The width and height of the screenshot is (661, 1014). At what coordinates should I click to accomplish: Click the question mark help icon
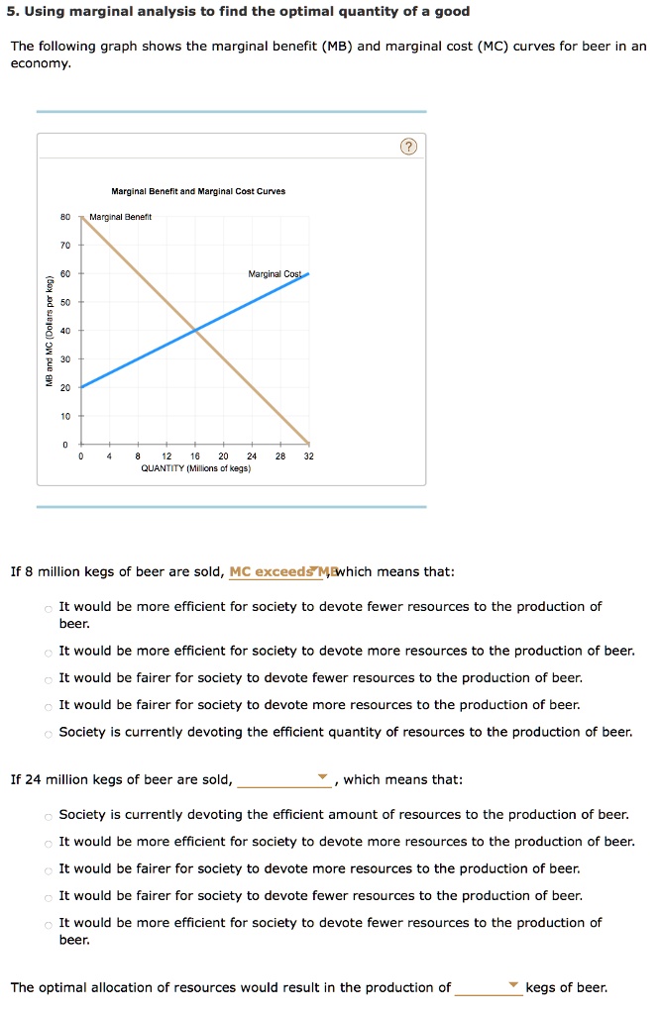tap(409, 148)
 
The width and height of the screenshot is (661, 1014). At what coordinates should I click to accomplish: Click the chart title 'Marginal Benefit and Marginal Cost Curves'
tap(198, 191)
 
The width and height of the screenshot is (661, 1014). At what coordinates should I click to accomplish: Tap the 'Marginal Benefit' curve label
tap(120, 217)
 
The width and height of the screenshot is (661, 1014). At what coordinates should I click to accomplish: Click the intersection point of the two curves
tap(195, 330)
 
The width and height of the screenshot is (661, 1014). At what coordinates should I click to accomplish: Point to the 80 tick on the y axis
tap(80, 216)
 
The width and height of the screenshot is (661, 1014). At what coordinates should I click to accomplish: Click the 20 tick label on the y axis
tap(64, 387)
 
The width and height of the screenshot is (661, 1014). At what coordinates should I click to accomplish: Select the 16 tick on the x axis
tap(195, 445)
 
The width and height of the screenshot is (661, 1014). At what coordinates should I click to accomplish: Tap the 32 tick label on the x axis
tap(309, 456)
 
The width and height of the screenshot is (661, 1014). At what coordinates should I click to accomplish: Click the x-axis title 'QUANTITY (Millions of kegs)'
tap(195, 468)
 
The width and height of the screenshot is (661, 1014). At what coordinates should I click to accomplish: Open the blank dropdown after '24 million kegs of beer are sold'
tap(284, 779)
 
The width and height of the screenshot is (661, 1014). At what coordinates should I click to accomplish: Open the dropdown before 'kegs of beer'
tap(488, 987)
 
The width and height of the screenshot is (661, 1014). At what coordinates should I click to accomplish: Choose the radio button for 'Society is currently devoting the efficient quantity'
tap(48, 733)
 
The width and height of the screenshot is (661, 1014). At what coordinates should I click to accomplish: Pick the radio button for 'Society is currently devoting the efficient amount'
tap(48, 815)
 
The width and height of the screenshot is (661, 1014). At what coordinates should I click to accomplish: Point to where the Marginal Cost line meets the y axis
tap(80, 387)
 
